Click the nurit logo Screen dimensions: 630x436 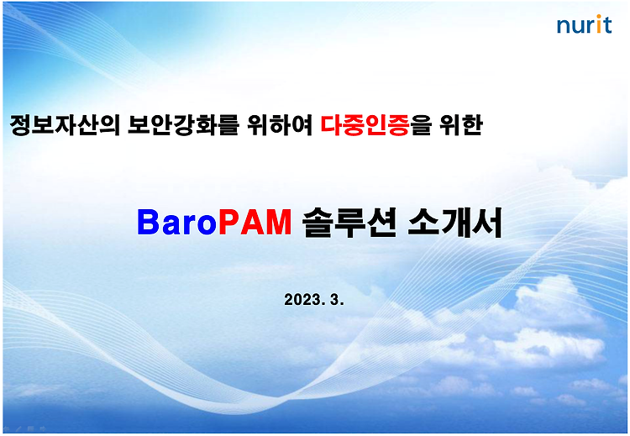pos(584,25)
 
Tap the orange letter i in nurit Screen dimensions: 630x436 pos(598,24)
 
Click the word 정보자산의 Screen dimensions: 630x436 pos(65,125)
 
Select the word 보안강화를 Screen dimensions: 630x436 pos(183,125)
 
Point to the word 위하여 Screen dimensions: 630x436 pos(280,125)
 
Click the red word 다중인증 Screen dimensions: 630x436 pos(365,125)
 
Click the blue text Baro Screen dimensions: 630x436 pos(177,223)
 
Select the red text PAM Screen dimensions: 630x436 pos(255,223)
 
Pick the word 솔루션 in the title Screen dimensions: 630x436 pos(349,223)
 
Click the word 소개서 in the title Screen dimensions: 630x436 pos(454,223)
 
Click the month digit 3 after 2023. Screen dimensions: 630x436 pos(334,300)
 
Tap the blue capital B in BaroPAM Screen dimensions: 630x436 pos(148,223)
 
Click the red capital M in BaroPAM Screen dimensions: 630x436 pos(278,223)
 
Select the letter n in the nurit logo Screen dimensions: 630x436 pos(564,27)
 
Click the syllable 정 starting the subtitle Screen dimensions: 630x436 pos(20,125)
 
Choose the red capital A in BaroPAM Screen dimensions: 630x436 pos(252,223)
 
